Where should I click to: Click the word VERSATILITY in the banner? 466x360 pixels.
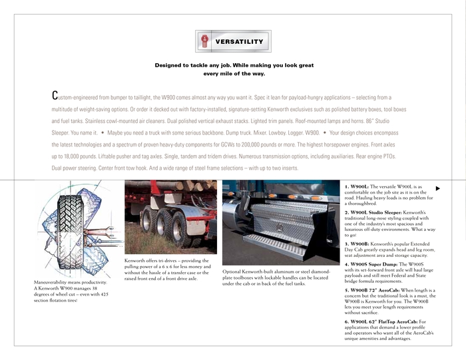(239, 41)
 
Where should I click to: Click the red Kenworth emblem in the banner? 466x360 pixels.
(204, 41)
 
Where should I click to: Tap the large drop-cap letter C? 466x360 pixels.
(55, 96)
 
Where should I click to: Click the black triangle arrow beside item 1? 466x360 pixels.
(438, 188)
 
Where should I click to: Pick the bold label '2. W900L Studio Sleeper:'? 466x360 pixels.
(373, 213)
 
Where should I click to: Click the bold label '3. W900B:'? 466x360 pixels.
(357, 244)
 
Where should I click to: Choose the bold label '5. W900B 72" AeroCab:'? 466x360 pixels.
(372, 290)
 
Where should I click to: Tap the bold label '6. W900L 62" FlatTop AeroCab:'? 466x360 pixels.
(381, 321)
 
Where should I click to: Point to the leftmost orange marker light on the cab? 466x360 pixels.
(230, 194)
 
